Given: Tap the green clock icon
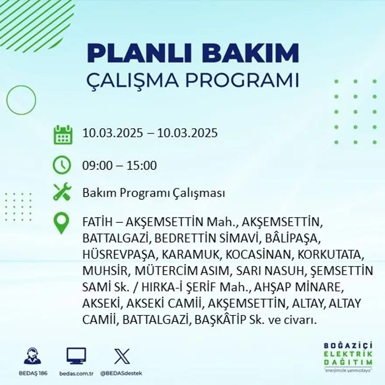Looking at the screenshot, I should click(x=62, y=165).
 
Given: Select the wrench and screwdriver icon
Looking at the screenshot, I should click(x=62, y=192).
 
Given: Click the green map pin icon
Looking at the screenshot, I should click(x=61, y=223).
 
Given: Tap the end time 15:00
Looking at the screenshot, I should click(x=142, y=166).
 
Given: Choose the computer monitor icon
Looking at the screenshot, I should click(x=76, y=356).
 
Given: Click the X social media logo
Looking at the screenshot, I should click(x=122, y=356).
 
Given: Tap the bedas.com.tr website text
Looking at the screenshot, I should click(x=76, y=373).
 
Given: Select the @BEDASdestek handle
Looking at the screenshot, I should click(x=121, y=373).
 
